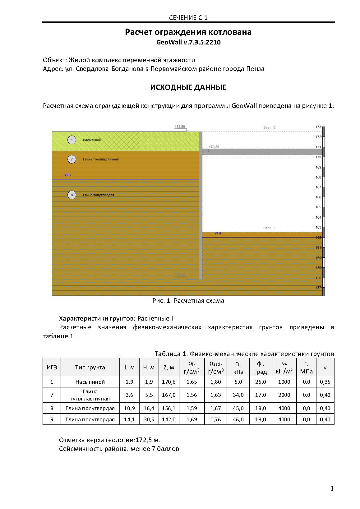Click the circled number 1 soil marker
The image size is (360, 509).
click(x=72, y=140)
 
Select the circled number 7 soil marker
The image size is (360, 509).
click(x=72, y=159)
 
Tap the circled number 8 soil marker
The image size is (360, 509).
click(x=72, y=195)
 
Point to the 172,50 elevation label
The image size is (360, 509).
click(x=180, y=127)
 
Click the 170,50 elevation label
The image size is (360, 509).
click(x=214, y=146)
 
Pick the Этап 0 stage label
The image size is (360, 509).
click(x=269, y=127)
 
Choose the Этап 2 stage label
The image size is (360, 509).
click(x=269, y=228)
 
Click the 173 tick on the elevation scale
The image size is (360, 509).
click(x=318, y=127)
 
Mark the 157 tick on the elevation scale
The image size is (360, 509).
click(x=318, y=288)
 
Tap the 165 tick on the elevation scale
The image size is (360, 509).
click(x=318, y=207)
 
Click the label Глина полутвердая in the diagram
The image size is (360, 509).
click(x=99, y=195)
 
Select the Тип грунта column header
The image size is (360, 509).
click(x=90, y=367)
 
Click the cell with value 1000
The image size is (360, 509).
click(x=284, y=382)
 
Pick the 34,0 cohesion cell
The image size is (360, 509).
click(x=238, y=395)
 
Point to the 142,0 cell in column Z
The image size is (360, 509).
click(x=169, y=419)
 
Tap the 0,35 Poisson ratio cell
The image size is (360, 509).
click(x=325, y=382)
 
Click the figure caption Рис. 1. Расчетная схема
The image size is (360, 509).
click(x=188, y=301)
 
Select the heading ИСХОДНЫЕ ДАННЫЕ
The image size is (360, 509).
click(x=188, y=87)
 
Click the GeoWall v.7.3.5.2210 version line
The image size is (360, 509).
click(x=188, y=42)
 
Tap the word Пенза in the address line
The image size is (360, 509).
click(x=255, y=69)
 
